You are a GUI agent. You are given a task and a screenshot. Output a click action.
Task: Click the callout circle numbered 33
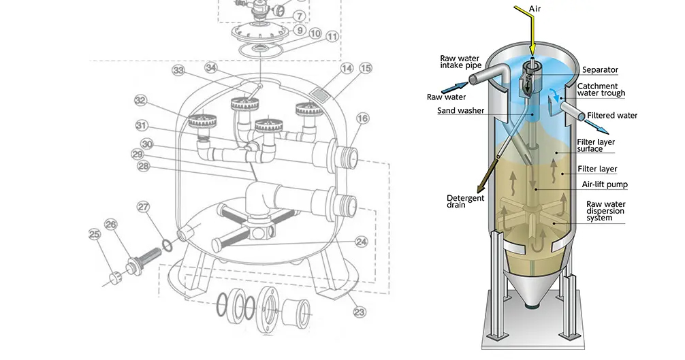tap(178, 70)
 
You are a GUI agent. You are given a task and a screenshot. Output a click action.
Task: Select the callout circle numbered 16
tap(362, 118)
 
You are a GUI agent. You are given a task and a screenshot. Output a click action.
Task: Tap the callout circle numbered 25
tap(94, 235)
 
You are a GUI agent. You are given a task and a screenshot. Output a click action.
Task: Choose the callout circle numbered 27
tap(142, 206)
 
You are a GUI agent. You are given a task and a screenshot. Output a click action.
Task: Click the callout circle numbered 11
tap(331, 37)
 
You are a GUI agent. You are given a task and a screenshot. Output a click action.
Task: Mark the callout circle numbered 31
tap(141, 125)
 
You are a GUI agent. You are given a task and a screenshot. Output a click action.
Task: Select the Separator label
tap(600, 70)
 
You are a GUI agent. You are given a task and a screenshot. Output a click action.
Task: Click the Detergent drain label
tap(465, 201)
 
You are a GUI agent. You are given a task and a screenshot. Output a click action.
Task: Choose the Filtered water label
tap(612, 116)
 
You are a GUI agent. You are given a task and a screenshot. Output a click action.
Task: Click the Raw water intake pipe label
tap(460, 63)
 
